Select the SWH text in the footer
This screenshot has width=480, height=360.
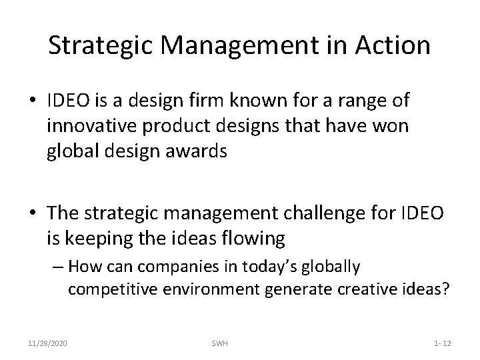pos(221,343)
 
